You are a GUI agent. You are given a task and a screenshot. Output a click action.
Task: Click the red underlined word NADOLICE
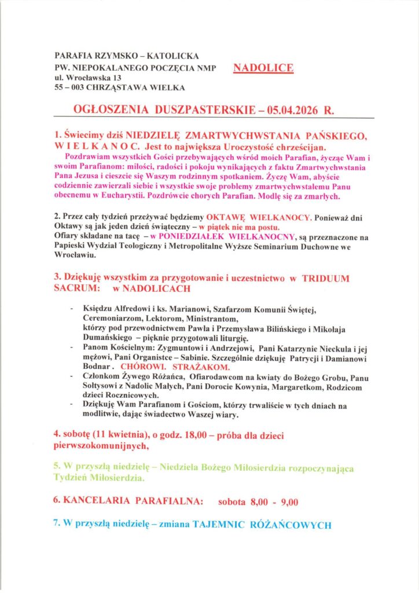(x=263, y=68)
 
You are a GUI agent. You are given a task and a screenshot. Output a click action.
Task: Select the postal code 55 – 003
(x=70, y=87)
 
